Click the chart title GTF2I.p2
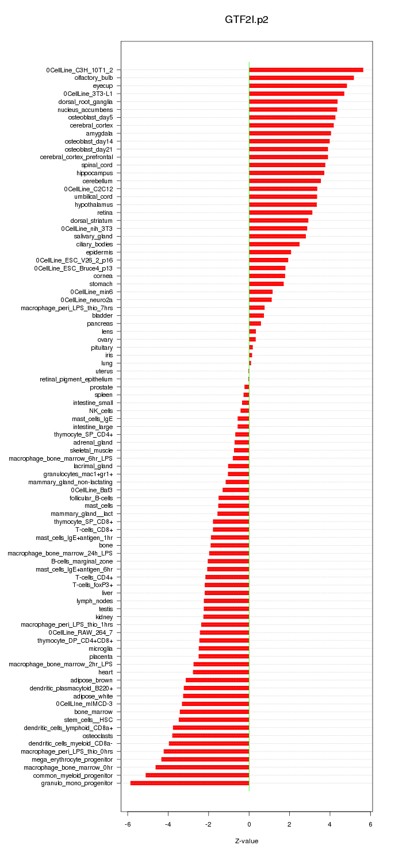[247, 20]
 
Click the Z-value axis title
[247, 841]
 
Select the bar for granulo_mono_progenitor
[190, 783]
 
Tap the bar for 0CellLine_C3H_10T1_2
[306, 70]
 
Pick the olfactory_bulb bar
[301, 78]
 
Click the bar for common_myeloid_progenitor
[197, 775]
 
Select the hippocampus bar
[286, 173]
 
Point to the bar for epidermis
[270, 252]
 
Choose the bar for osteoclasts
[210, 735]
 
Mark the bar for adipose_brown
[217, 680]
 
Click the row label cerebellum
[97, 181]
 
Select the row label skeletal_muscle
[91, 450]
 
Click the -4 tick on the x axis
[168, 824]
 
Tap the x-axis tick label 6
[370, 824]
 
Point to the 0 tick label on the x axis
[249, 824]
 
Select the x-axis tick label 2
[289, 824]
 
